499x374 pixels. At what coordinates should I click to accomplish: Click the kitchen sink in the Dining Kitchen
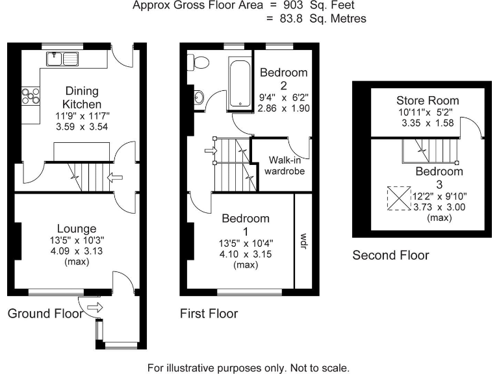coord(62,60)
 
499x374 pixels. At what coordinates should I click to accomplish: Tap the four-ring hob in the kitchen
coord(30,95)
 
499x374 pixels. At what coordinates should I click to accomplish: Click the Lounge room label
coord(77,229)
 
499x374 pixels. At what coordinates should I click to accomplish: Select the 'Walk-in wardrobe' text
coord(283,166)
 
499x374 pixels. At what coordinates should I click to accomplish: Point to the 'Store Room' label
coord(428,101)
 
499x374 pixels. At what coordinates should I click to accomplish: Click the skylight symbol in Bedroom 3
coord(396,199)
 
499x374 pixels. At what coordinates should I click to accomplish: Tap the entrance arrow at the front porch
coord(95,308)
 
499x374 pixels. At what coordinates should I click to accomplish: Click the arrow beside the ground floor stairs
coord(116,176)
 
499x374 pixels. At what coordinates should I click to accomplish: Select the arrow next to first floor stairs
coord(210,151)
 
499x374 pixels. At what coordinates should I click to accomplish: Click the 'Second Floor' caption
coord(390,256)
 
